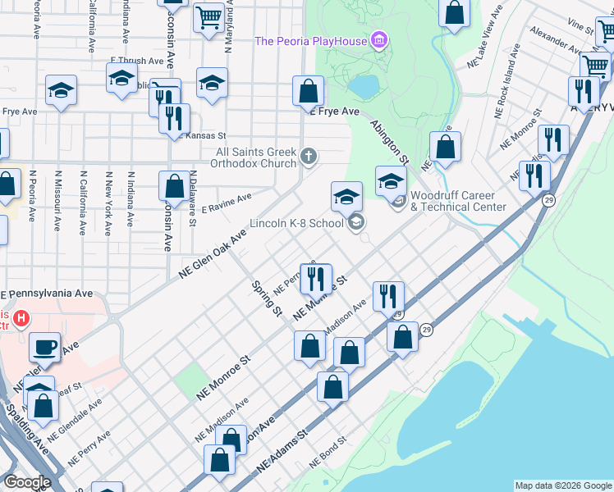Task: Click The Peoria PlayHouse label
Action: (x=310, y=41)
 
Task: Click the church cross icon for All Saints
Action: (x=309, y=155)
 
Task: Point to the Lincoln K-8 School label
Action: (x=296, y=223)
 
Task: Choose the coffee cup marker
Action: (x=44, y=346)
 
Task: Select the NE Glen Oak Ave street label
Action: (x=213, y=255)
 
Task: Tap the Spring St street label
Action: (x=266, y=300)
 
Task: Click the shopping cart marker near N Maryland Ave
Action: (x=208, y=16)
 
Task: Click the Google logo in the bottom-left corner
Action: (x=27, y=482)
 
